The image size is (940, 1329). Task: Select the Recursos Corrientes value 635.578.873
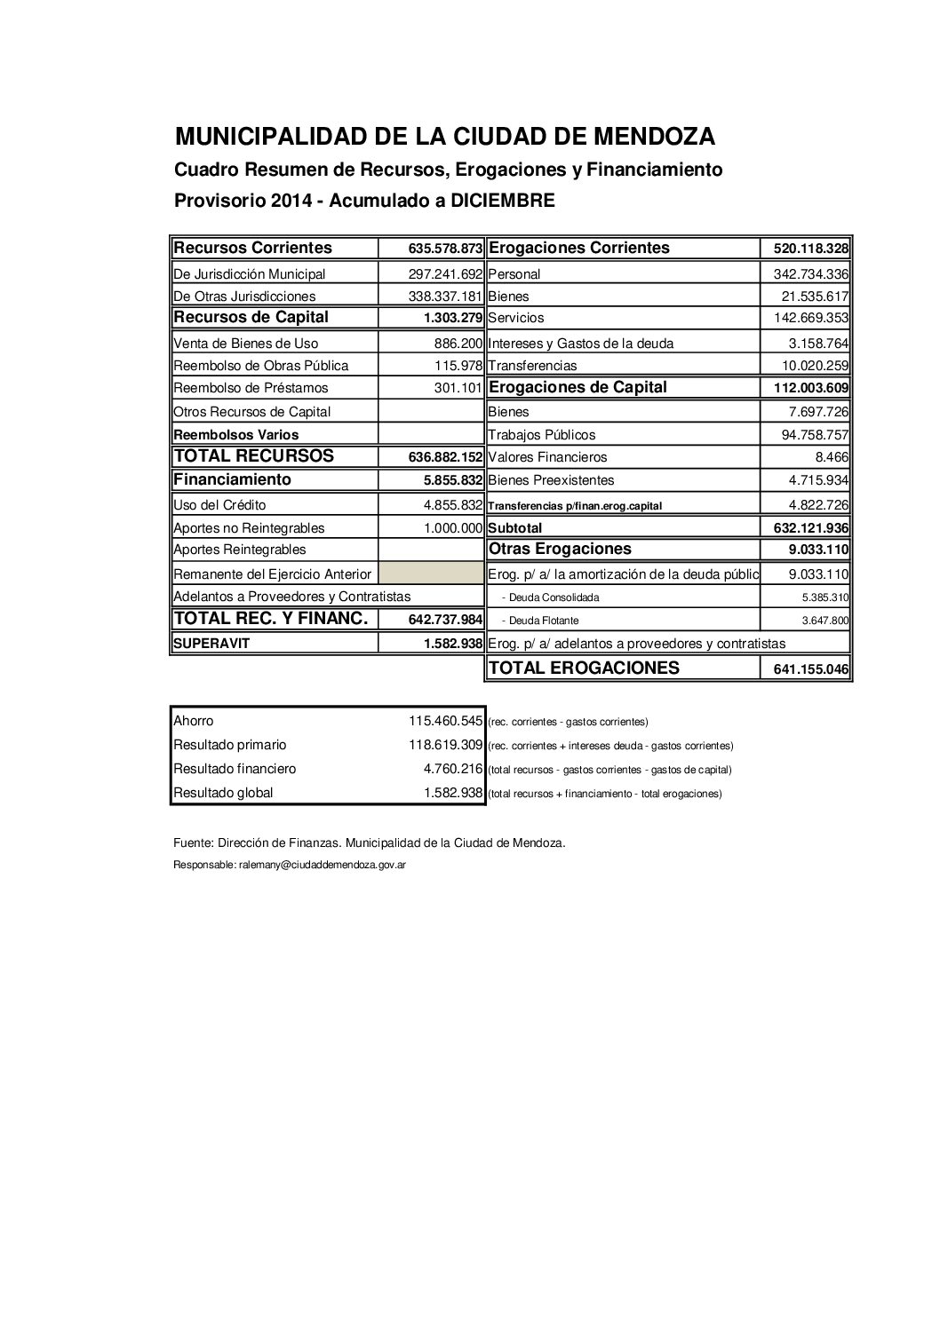(x=445, y=249)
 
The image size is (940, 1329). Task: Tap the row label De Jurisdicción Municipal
(x=250, y=274)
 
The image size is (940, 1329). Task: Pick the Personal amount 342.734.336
(x=805, y=274)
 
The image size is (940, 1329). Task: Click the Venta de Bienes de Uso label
(x=246, y=344)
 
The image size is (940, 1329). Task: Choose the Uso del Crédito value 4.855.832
(x=452, y=505)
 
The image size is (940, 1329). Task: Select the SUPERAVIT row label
(x=211, y=644)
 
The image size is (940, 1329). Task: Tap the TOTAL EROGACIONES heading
(x=584, y=668)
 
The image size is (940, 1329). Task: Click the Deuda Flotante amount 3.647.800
(x=824, y=621)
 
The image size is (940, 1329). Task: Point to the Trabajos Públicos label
(x=542, y=435)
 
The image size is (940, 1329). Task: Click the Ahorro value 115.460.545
(x=445, y=721)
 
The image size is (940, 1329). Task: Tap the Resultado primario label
(x=230, y=745)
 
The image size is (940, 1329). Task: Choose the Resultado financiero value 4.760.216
(x=452, y=769)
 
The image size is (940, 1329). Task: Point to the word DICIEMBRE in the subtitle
(x=502, y=201)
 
